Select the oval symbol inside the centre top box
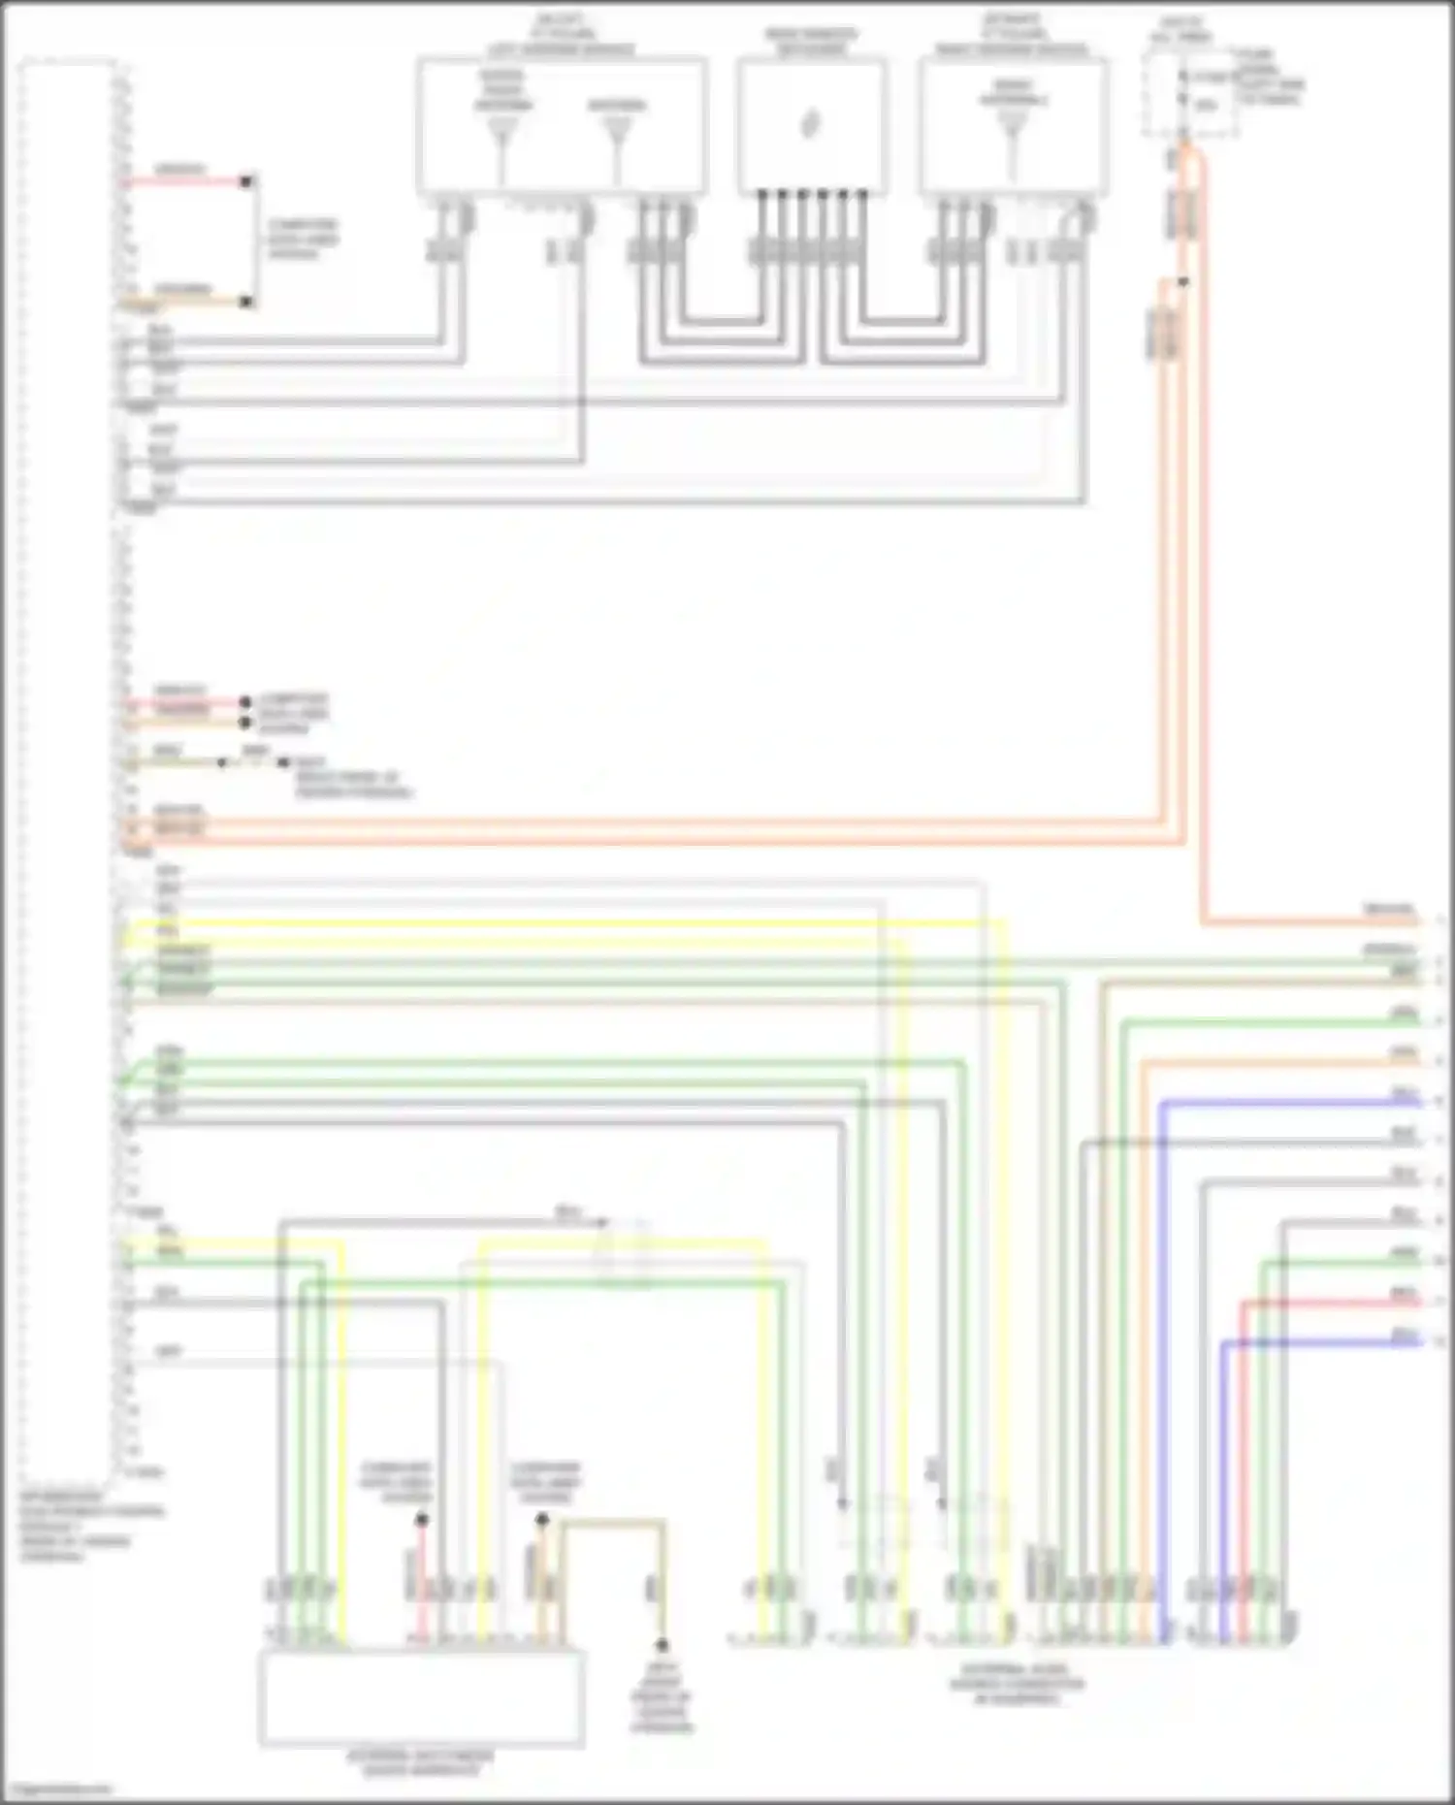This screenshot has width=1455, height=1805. coord(811,124)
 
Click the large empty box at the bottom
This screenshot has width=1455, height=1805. coord(421,1697)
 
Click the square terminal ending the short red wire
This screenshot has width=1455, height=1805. coord(246,181)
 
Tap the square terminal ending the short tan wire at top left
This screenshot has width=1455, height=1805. coord(246,303)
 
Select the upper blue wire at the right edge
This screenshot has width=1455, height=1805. coord(1290,1103)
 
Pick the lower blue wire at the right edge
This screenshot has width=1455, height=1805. coord(1319,1342)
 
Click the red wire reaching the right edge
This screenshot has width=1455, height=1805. coord(1329,1303)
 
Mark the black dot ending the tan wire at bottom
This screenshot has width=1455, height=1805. coord(663,1646)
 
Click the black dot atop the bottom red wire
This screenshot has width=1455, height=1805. coord(421,1520)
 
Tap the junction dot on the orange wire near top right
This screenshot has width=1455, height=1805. coord(1182,282)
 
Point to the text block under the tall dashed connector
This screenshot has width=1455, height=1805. coord(92,1525)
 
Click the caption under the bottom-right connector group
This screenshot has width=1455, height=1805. coord(1017,1685)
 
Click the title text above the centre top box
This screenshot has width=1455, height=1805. coord(811,42)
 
